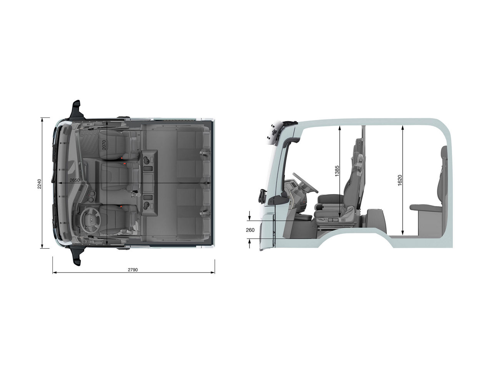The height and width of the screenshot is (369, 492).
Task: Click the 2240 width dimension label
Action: pyautogui.click(x=39, y=183)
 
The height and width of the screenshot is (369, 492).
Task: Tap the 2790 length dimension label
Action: pyautogui.click(x=133, y=269)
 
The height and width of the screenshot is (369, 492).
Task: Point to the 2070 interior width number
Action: pyautogui.click(x=104, y=145)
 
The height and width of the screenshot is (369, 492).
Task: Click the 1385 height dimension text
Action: pyautogui.click(x=337, y=171)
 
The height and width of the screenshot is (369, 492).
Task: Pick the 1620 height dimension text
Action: pyautogui.click(x=400, y=180)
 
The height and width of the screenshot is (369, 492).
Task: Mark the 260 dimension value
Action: pyautogui.click(x=250, y=230)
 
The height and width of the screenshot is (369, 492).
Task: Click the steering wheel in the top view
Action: pyautogui.click(x=90, y=220)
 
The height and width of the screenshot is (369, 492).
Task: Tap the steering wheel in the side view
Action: pyautogui.click(x=306, y=183)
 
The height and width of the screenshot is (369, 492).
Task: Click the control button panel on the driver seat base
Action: pyautogui.click(x=333, y=220)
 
